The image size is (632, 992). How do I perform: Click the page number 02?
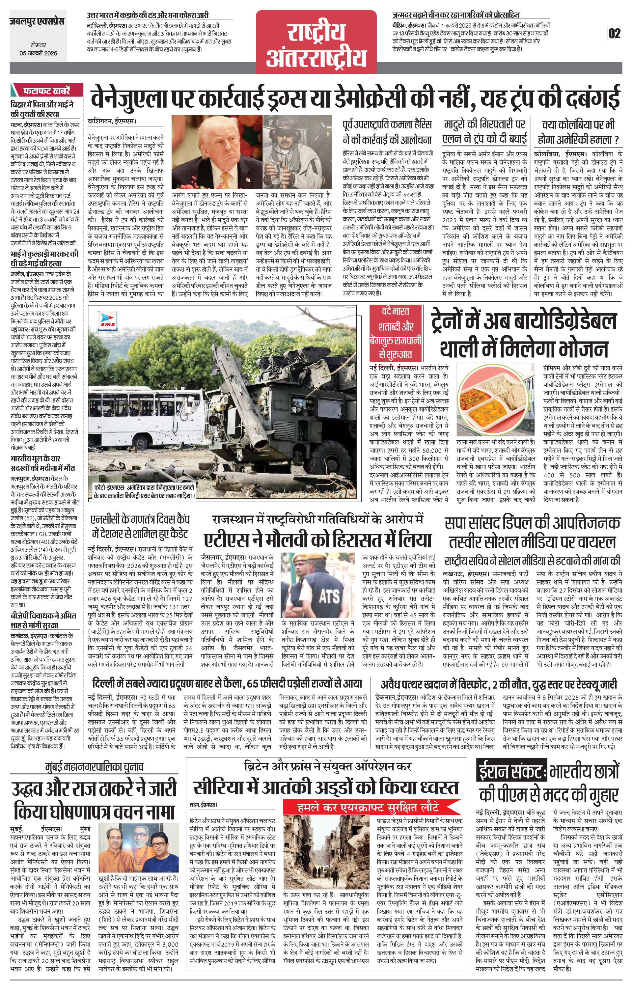pyautogui.click(x=614, y=33)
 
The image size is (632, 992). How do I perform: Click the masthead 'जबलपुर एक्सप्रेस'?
pyautogui.click(x=37, y=22)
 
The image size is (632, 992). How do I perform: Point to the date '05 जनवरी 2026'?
pyautogui.click(x=38, y=53)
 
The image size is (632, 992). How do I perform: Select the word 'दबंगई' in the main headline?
pyautogui.click(x=592, y=97)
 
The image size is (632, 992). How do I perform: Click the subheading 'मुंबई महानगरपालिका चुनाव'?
pyautogui.click(x=94, y=767)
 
